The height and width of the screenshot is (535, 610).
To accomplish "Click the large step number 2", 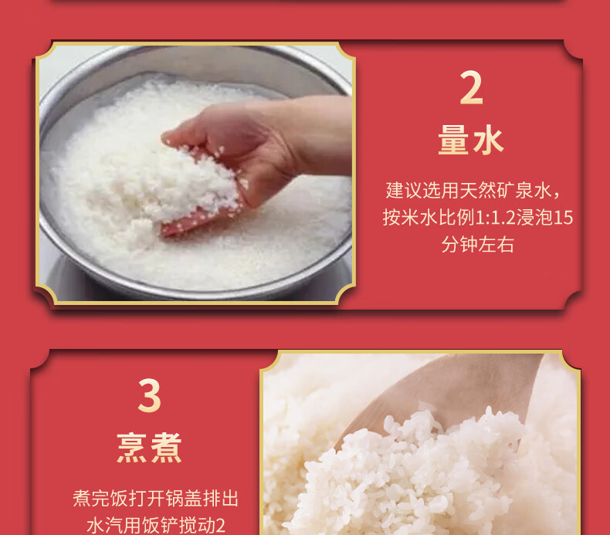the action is click(471, 88).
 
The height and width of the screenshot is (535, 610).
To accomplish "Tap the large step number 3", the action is click(149, 396).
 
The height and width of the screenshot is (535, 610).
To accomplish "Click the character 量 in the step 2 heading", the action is click(453, 140).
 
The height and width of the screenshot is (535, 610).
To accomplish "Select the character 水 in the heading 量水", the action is click(489, 140).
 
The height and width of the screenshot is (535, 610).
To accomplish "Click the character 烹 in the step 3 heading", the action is click(132, 448).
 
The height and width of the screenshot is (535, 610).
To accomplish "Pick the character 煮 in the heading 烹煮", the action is click(167, 448).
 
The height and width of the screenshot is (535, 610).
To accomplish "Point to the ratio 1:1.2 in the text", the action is click(495, 218).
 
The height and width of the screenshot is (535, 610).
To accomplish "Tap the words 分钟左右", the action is click(478, 245).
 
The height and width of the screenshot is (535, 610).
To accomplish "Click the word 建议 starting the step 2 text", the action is click(403, 191).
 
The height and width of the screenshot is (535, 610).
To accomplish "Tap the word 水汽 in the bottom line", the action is click(104, 525).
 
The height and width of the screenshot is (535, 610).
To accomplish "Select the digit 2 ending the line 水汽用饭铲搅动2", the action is click(220, 526).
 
